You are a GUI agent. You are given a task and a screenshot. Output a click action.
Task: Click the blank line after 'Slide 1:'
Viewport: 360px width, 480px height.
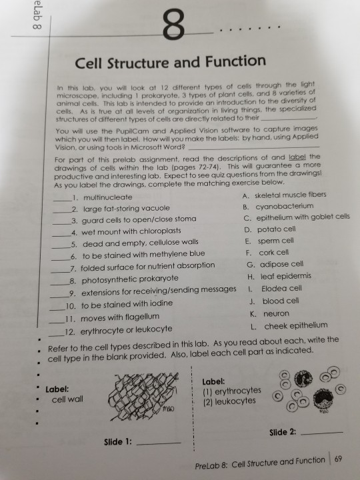click(x=163, y=443)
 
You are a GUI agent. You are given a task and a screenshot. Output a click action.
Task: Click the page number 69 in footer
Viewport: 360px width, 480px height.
click(x=336, y=459)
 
